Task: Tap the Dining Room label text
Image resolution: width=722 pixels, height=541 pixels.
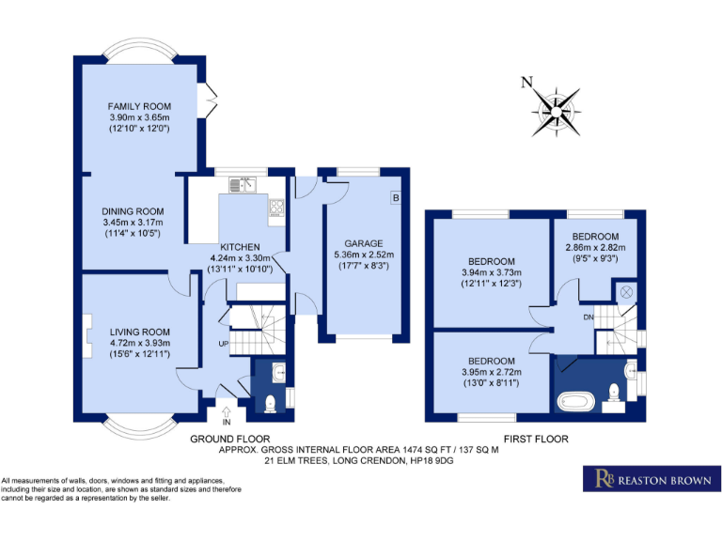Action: (x=133, y=211)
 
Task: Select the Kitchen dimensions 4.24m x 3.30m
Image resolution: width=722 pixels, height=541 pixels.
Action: (x=240, y=258)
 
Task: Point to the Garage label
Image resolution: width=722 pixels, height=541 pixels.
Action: (x=364, y=242)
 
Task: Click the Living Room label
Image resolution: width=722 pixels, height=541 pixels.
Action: (x=139, y=332)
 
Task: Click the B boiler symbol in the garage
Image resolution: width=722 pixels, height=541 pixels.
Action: (x=395, y=198)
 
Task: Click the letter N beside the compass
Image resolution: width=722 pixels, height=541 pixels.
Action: (x=527, y=83)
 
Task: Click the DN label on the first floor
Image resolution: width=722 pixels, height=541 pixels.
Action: (x=589, y=317)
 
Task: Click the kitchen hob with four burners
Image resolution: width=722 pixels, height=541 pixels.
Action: (x=277, y=208)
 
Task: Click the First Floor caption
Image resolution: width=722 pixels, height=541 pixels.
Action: (x=535, y=439)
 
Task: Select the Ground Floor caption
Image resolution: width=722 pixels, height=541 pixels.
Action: (x=230, y=439)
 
